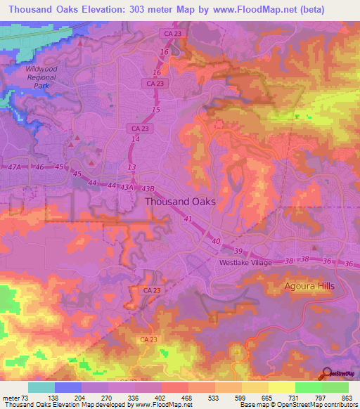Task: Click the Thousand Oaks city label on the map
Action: click(180, 201)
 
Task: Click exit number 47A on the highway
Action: click(13, 169)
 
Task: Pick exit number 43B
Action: click(147, 188)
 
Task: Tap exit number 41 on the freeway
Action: click(188, 219)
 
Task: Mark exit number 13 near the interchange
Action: click(131, 167)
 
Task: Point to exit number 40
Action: click(216, 240)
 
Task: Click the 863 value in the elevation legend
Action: click(346, 398)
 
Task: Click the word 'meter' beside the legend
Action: click(9, 398)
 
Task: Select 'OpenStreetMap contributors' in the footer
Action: click(318, 405)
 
